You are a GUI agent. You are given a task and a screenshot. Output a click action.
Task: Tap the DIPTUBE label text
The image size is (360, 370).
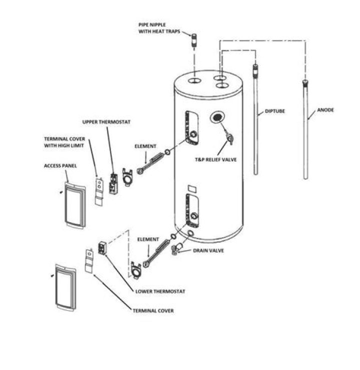pyautogui.click(x=274, y=111)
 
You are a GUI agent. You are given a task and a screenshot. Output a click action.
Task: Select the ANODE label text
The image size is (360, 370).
pyautogui.click(x=325, y=110)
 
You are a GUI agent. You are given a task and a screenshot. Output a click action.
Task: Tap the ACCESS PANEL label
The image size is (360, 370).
pyautogui.click(x=60, y=166)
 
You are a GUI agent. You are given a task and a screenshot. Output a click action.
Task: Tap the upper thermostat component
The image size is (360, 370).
pyautogui.click(x=114, y=182)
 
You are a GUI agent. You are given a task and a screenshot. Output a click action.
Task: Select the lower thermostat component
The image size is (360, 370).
pyautogui.click(x=102, y=247)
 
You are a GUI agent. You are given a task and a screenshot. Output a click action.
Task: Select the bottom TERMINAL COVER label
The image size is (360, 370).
pyautogui.click(x=153, y=311)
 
